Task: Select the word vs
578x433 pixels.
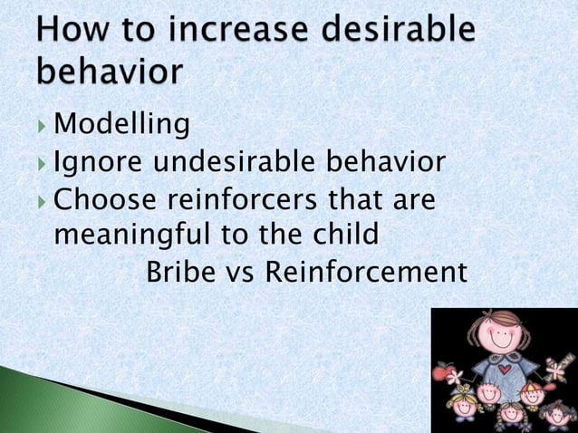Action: point(238,272)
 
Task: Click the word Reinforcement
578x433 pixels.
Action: point(366,271)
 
